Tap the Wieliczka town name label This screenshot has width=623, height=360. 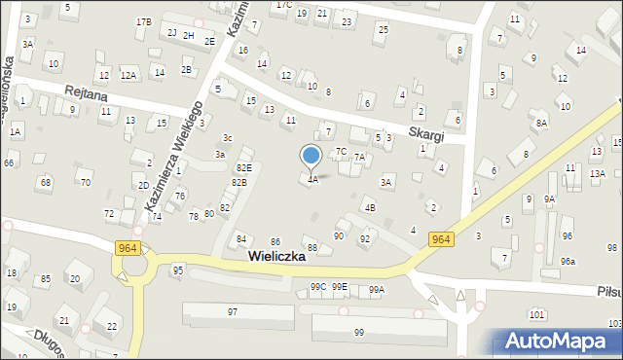click(276, 257)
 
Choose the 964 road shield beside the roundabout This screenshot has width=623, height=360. click(126, 248)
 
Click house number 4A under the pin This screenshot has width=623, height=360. click(311, 180)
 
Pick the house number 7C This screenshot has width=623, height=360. click(341, 152)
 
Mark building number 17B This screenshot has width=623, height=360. click(143, 21)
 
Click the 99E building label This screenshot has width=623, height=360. click(339, 287)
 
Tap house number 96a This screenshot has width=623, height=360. click(568, 261)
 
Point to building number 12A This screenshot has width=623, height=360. click(128, 75)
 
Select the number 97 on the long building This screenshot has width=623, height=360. click(232, 311)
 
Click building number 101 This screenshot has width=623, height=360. click(535, 314)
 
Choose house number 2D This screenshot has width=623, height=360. click(143, 185)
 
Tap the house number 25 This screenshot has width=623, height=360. click(383, 29)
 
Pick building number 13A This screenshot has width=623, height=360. click(597, 173)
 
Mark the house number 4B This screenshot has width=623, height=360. click(369, 207)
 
